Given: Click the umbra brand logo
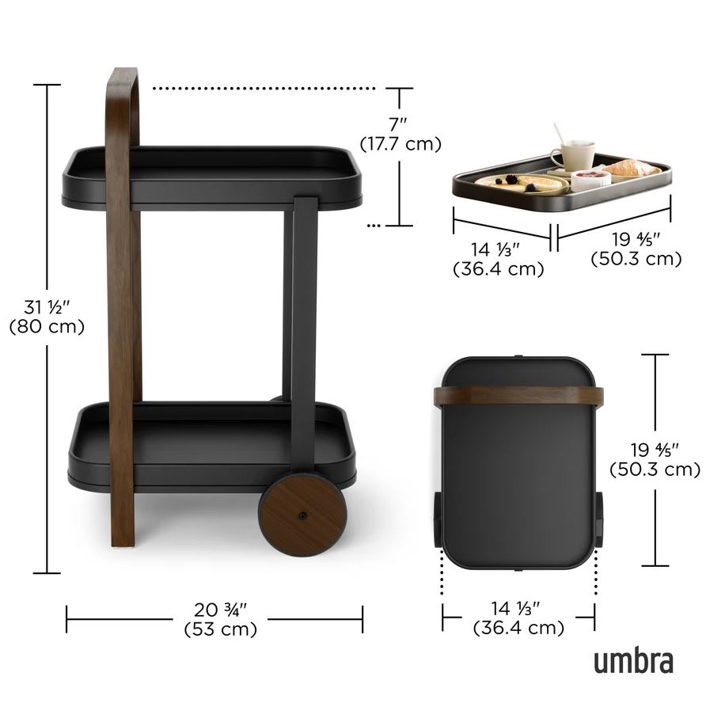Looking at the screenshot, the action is click(x=633, y=661).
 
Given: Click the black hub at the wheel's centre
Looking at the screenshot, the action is click(x=302, y=515).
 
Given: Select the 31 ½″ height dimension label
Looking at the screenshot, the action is click(x=47, y=307).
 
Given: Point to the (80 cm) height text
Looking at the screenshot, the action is click(x=47, y=326).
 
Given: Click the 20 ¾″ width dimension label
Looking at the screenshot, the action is click(x=221, y=610).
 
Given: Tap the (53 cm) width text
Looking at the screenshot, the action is click(x=221, y=629).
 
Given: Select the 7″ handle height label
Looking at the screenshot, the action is click(x=398, y=124).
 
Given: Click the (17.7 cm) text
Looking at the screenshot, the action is click(x=400, y=144).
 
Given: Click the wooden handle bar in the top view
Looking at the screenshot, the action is click(x=518, y=397).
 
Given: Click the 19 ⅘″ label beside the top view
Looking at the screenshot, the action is click(x=655, y=450).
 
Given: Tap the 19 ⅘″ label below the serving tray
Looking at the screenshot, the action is click(x=636, y=239).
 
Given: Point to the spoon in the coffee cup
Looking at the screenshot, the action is click(x=560, y=134).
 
